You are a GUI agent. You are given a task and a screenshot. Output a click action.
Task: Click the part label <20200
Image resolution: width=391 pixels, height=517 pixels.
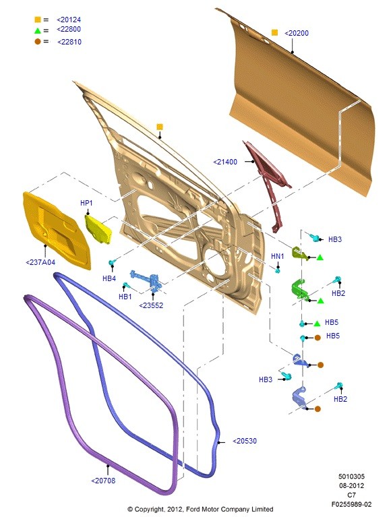297,33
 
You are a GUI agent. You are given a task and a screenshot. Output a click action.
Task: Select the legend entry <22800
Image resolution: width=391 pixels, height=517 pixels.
69,30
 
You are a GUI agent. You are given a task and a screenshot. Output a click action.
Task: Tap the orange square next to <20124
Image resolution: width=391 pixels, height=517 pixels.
38,20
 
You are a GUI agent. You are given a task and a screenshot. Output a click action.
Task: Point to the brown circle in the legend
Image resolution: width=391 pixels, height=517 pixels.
38,42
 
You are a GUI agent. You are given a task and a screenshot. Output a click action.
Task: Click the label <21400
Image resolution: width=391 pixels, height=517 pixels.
225,162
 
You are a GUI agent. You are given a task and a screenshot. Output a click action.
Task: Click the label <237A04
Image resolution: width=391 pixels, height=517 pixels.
40,262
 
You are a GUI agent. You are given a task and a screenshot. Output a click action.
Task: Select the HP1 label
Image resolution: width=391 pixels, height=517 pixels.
86,203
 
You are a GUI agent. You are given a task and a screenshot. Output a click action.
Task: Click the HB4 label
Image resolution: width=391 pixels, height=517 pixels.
109,278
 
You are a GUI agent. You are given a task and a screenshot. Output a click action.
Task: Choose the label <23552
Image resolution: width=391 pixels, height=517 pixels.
151,305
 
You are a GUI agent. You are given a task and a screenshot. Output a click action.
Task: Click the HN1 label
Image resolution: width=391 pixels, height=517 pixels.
277,256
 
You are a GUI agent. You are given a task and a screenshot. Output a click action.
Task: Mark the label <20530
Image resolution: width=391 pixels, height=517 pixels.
245,441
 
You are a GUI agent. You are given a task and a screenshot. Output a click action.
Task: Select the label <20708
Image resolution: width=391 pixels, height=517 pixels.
103,481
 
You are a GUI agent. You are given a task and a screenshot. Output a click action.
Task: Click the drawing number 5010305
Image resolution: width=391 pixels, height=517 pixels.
351,477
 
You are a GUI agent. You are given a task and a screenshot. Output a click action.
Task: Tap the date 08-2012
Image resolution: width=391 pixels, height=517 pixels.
351,486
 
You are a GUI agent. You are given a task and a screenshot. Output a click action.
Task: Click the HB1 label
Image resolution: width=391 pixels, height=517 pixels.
125,297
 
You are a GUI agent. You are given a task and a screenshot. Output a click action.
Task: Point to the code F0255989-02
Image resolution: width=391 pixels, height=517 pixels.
351,504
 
